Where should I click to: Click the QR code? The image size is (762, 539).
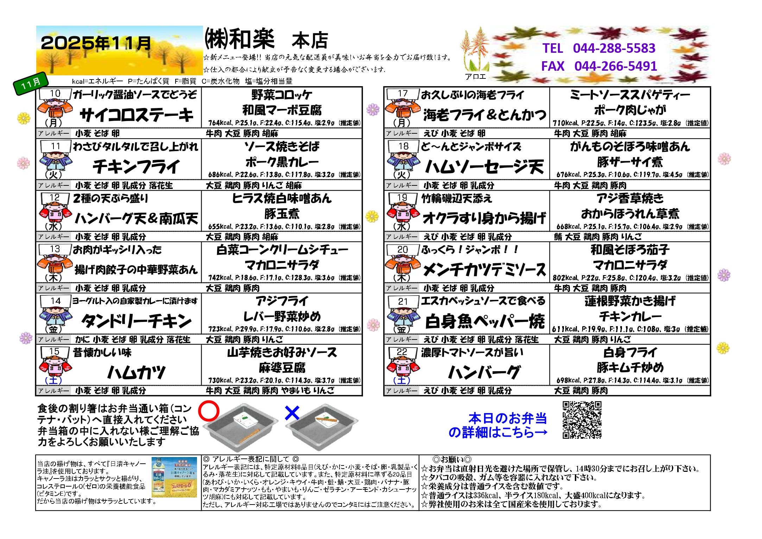(x=582, y=420)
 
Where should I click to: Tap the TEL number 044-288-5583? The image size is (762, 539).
(x=614, y=48)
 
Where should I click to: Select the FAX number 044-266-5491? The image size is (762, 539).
(x=615, y=66)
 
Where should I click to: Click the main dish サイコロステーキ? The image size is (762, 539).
(x=136, y=115)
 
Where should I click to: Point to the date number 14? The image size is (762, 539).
(x=56, y=301)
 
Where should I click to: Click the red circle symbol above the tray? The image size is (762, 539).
(x=209, y=411)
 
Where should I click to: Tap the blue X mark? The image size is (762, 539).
(x=292, y=413)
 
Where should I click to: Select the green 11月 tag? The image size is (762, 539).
(x=31, y=83)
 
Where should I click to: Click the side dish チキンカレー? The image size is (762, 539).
(x=630, y=316)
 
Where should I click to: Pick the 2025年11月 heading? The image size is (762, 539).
(x=96, y=43)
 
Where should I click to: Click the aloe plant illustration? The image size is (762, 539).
(x=476, y=50)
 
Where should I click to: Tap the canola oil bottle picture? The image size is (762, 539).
(x=174, y=477)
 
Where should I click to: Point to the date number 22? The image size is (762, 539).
(x=402, y=352)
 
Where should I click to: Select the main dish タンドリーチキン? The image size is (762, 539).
(x=136, y=321)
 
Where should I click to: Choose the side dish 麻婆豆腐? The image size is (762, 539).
(x=282, y=368)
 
